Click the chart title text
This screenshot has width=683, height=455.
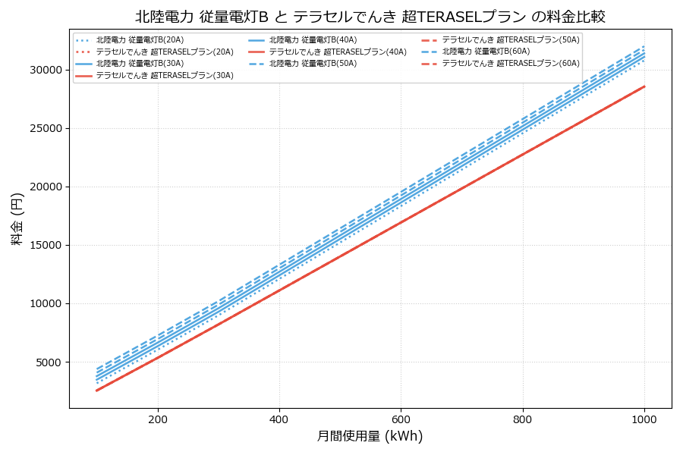click(x=370, y=17)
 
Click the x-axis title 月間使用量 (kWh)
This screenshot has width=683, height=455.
click(x=370, y=436)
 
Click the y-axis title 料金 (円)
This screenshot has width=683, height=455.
click(x=17, y=218)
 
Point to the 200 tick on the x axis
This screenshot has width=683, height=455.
click(x=158, y=419)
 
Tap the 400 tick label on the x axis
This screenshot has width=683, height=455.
click(x=279, y=419)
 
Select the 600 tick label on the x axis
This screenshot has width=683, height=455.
click(x=401, y=419)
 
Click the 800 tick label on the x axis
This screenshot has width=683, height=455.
click(x=523, y=419)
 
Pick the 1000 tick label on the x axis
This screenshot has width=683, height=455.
click(x=644, y=419)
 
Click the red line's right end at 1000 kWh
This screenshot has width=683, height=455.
click(x=644, y=86)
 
